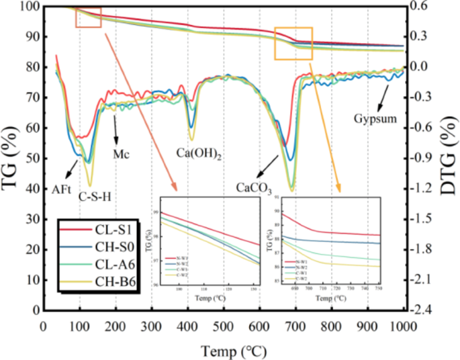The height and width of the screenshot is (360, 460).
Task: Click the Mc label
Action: [121, 153]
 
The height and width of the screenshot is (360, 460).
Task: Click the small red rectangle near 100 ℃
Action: [88, 17]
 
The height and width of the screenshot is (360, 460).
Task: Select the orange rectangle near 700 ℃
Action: [293, 44]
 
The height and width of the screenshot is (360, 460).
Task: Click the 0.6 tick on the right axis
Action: [420, 6]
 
